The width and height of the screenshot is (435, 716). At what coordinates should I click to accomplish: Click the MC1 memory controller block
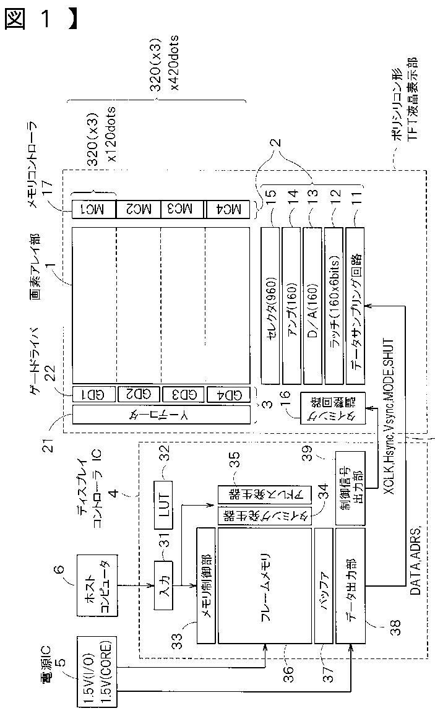click(93, 209)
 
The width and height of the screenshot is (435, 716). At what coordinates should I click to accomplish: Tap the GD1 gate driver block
click(93, 394)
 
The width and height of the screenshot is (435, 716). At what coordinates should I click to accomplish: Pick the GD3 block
click(183, 394)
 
